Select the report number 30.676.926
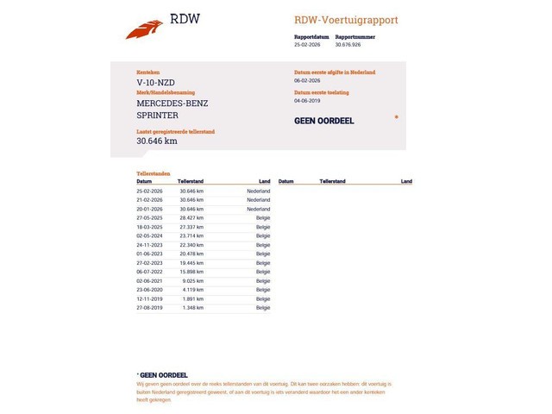click(x=348, y=44)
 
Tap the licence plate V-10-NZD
click(x=155, y=83)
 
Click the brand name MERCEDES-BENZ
click(x=172, y=103)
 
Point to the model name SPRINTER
click(x=158, y=115)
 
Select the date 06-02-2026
click(x=308, y=80)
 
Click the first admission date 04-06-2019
click(x=308, y=100)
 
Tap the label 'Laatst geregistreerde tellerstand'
click(x=175, y=131)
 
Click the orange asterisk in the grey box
click(x=396, y=116)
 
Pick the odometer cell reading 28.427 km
click(x=191, y=218)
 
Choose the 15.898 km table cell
click(x=191, y=272)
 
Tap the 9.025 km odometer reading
click(x=193, y=280)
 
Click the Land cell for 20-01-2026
click(x=258, y=209)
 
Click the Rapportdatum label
click(x=310, y=37)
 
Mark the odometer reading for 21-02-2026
click(x=191, y=199)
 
